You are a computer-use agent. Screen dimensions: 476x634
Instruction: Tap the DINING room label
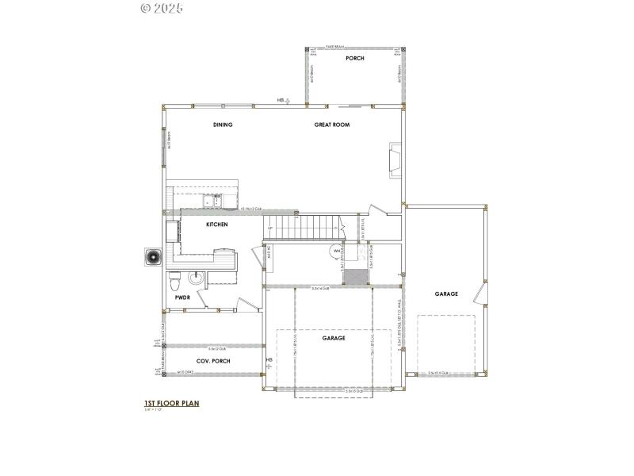223,125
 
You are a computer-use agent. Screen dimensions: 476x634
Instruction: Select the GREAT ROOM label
331,125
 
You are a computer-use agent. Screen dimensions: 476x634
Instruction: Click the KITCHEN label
216,225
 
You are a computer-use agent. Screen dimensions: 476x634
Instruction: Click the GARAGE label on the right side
446,294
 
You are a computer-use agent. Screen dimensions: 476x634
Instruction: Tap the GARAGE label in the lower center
333,338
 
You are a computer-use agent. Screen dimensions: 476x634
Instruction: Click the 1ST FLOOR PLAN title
171,403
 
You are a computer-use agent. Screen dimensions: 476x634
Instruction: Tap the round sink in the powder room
195,278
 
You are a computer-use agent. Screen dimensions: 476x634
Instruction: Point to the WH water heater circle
336,251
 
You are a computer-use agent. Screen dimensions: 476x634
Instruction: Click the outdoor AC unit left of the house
152,258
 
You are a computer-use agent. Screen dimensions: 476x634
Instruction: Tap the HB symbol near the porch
283,101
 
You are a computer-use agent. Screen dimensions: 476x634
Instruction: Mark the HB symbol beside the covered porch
269,363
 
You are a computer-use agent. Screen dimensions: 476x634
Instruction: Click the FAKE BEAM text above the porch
354,47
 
